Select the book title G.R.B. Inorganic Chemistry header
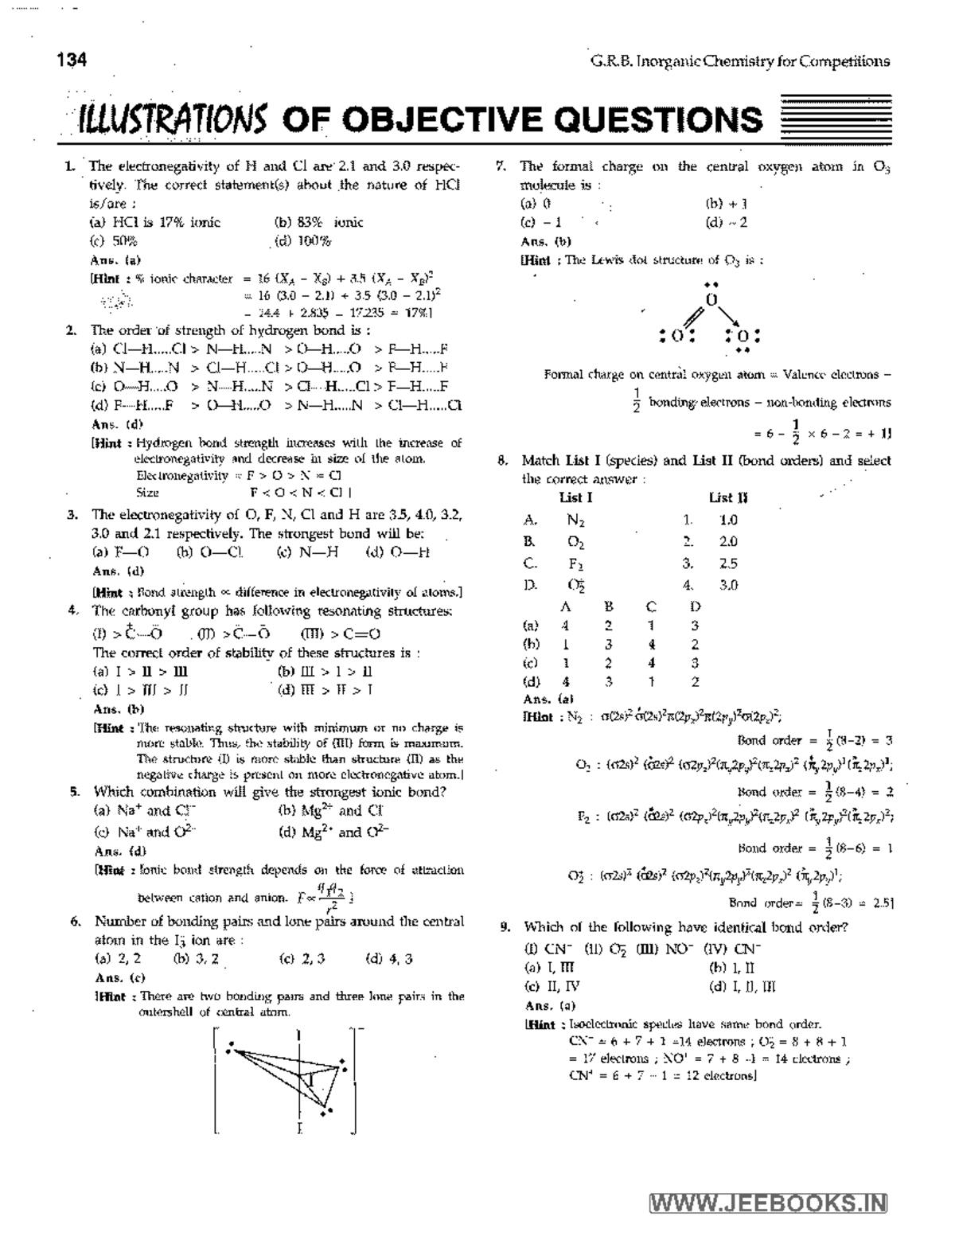739,61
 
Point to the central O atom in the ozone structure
711,300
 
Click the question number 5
74,792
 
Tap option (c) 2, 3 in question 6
302,958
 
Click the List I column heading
575,498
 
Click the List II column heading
728,498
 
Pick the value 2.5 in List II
727,563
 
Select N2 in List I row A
575,521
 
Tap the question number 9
505,927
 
